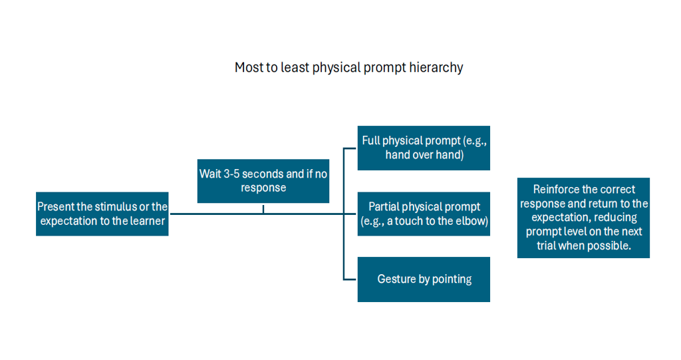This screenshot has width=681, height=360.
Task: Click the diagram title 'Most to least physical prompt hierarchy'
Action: point(348,67)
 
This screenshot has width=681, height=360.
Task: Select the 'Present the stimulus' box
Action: point(102,214)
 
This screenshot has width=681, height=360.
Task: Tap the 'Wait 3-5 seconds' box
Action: point(263,181)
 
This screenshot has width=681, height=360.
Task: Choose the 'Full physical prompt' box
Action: point(424,148)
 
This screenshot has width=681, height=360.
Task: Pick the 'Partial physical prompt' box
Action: point(424,214)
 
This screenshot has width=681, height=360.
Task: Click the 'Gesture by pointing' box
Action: point(424,279)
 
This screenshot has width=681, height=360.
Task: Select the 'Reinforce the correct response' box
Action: point(583,218)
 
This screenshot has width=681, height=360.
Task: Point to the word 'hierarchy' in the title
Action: point(436,68)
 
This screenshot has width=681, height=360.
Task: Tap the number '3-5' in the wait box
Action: point(231,174)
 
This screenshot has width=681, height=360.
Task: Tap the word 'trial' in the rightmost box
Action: point(546,246)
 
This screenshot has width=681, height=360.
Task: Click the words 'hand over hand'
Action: point(424,155)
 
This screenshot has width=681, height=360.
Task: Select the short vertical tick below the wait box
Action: point(263,209)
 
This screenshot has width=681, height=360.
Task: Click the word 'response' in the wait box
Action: point(263,188)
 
